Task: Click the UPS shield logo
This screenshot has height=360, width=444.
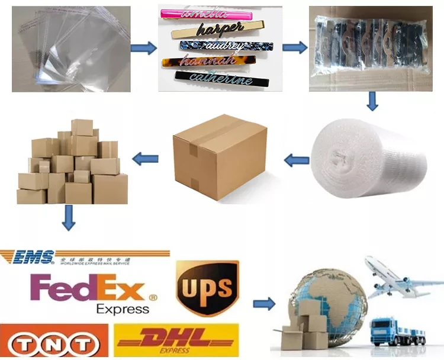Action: coord(207,288)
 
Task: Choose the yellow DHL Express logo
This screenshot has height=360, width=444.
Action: coord(178,341)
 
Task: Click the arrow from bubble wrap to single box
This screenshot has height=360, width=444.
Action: coord(297,159)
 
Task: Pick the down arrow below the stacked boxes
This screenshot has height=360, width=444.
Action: coord(69,218)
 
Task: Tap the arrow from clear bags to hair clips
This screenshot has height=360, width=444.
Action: coord(144,48)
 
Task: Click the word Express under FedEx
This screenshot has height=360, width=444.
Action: coord(123,309)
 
